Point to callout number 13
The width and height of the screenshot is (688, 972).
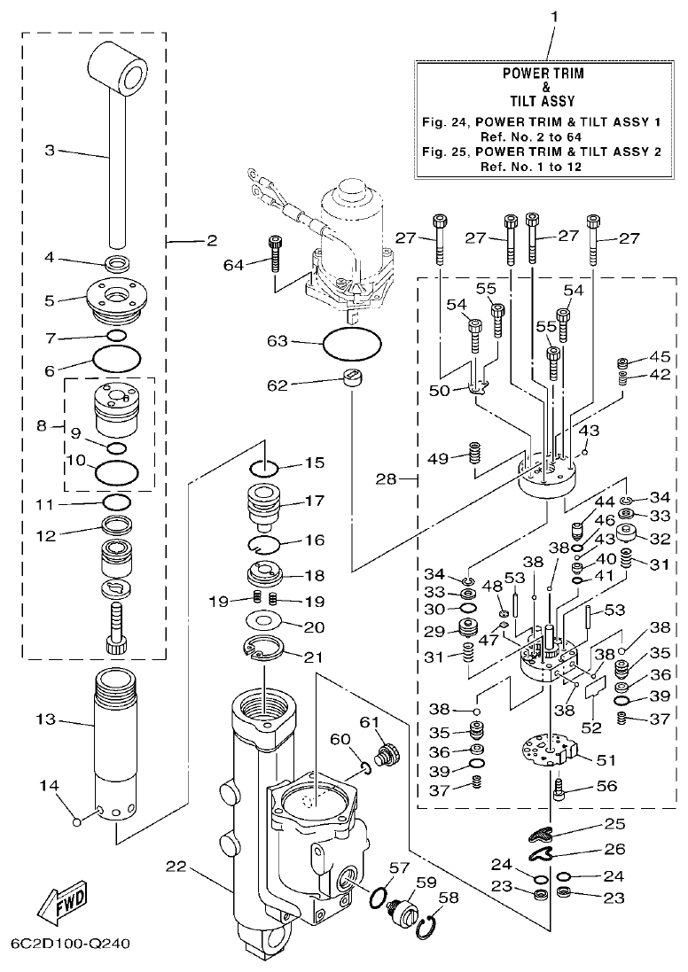tap(46, 719)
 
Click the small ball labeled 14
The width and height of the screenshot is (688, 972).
tap(78, 820)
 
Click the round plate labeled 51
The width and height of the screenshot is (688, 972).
tap(550, 753)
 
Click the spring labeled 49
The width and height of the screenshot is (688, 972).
tap(475, 458)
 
